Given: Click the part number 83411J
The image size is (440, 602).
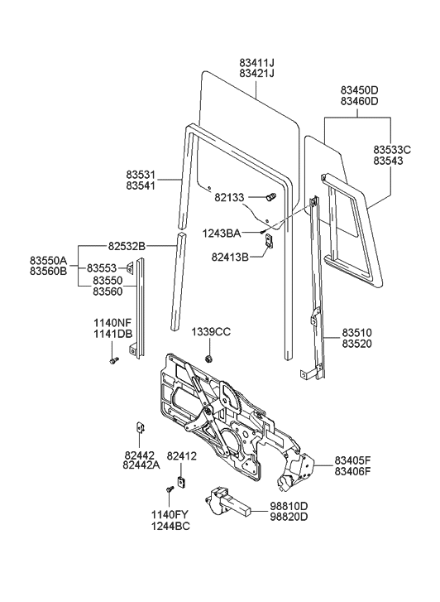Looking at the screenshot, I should click(256, 61).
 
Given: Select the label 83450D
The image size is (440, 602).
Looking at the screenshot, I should click(359, 89).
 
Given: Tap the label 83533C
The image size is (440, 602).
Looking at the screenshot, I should click(392, 149).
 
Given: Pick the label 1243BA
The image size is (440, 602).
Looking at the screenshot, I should click(221, 234).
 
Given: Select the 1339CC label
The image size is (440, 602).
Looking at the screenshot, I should click(211, 331).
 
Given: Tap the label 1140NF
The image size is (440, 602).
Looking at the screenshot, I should click(111, 323).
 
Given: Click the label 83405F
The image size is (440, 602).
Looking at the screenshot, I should click(358, 460).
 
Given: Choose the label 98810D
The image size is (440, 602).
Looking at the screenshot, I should click(289, 506).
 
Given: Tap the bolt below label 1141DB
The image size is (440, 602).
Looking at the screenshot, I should click(114, 360).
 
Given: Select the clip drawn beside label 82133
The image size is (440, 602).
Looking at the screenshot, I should click(270, 197).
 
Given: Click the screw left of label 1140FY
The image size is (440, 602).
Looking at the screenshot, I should click(170, 491).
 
